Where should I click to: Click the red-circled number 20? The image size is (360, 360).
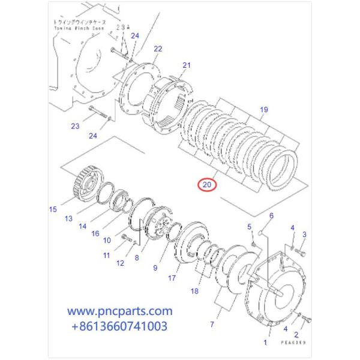[207, 185]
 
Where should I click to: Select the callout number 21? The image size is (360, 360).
[187, 65]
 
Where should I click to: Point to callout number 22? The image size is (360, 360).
[157, 49]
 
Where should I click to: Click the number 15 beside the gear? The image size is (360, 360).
[53, 209]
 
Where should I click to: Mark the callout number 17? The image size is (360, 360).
[172, 278]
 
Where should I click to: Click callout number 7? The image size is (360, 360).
[211, 325]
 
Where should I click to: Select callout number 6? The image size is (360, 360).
[271, 215]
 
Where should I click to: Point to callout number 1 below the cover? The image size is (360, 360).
[265, 343]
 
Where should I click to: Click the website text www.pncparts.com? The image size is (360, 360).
[119, 311]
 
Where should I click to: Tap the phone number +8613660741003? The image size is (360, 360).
[119, 326]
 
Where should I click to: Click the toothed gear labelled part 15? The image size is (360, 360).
[85, 184]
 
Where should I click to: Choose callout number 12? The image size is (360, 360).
[121, 263]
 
